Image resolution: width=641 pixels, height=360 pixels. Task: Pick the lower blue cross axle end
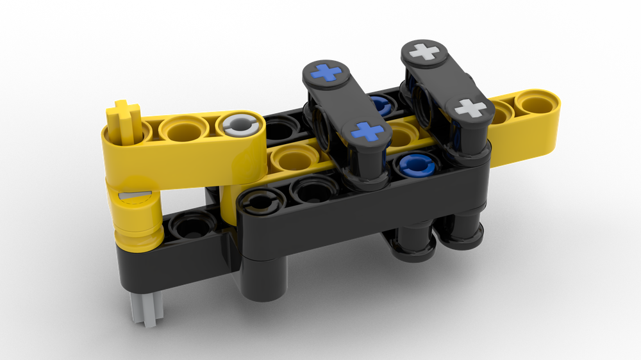tap(367, 131)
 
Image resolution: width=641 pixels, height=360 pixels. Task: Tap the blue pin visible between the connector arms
tap(379, 104)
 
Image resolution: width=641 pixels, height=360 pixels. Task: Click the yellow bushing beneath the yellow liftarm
tap(138, 215)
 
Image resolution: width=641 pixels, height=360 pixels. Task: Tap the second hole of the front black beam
tap(313, 190)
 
